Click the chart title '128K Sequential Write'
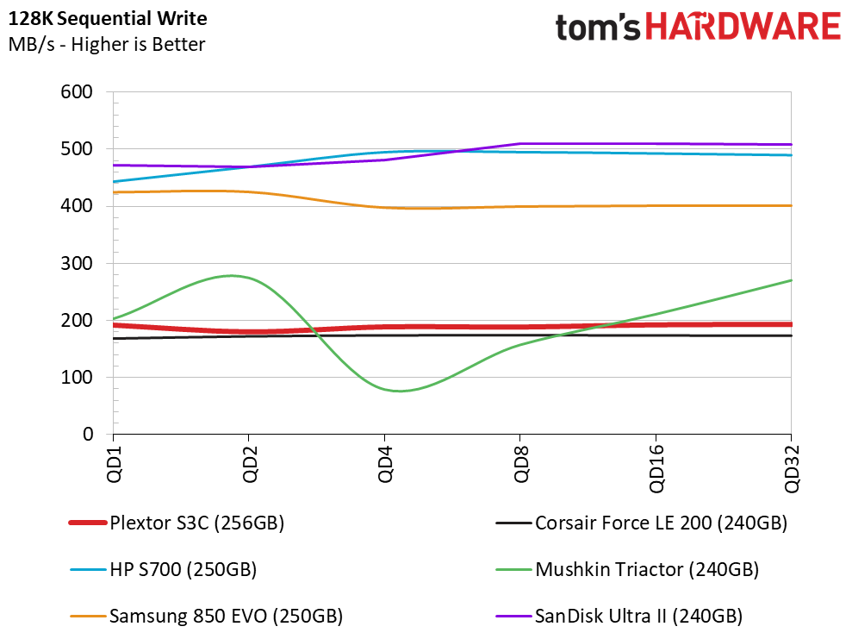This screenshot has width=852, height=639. coord(108,18)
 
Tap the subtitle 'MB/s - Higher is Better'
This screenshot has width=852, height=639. coord(107,44)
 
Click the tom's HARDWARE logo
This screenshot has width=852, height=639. coord(698,27)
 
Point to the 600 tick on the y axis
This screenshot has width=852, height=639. coord(77,91)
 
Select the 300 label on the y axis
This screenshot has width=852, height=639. coord(77,263)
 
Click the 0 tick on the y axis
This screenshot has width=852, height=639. coord(88,434)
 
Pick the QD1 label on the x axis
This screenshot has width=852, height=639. coord(114,464)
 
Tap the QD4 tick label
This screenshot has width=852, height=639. coord(385,464)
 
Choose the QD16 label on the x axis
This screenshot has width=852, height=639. coord(656,468)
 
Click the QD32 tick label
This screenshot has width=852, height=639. coord(792,468)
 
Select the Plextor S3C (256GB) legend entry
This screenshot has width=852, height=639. coord(177,523)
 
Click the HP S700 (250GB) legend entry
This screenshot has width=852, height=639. coord(163,569)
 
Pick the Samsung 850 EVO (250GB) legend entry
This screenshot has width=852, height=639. coord(207,617)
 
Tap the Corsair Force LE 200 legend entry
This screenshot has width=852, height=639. coord(642,523)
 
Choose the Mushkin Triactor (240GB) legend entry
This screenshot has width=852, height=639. coord(628,569)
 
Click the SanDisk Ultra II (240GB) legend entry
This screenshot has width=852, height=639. coord(619,617)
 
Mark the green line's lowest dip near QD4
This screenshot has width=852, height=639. coord(400,391)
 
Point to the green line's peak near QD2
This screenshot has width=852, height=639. coord(232,276)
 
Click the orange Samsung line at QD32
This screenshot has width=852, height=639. coord(791,205)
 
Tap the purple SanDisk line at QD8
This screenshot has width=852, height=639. coord(520,144)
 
